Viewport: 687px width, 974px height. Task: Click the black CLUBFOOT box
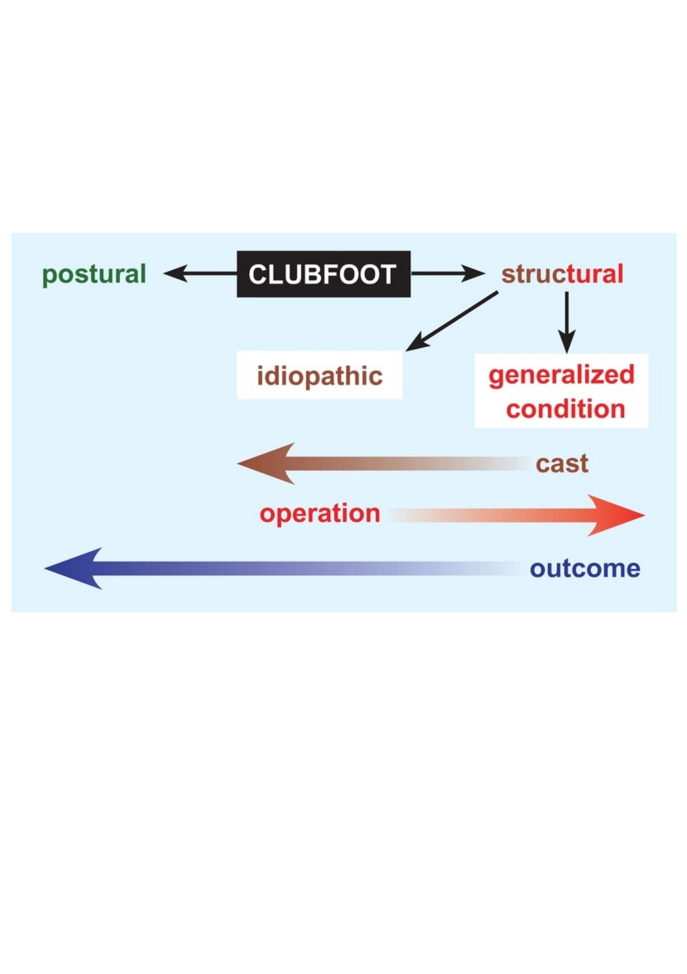324,274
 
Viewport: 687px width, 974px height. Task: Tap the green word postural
94,275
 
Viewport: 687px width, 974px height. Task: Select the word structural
563,274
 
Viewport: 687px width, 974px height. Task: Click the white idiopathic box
320,375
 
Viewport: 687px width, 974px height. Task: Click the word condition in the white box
565,409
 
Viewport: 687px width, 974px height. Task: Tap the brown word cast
562,464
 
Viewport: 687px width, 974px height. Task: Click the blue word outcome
585,569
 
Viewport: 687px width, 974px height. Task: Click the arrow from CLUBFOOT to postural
200,274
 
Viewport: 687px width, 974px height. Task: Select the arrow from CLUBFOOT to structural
448,274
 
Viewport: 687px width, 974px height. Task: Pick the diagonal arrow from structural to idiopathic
452,321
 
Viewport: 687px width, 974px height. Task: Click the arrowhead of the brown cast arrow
266,463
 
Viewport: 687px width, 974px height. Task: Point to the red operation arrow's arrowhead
616,515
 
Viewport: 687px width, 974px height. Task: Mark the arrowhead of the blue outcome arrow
73,568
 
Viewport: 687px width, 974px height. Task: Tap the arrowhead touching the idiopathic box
417,343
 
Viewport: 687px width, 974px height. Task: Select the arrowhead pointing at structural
473,274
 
